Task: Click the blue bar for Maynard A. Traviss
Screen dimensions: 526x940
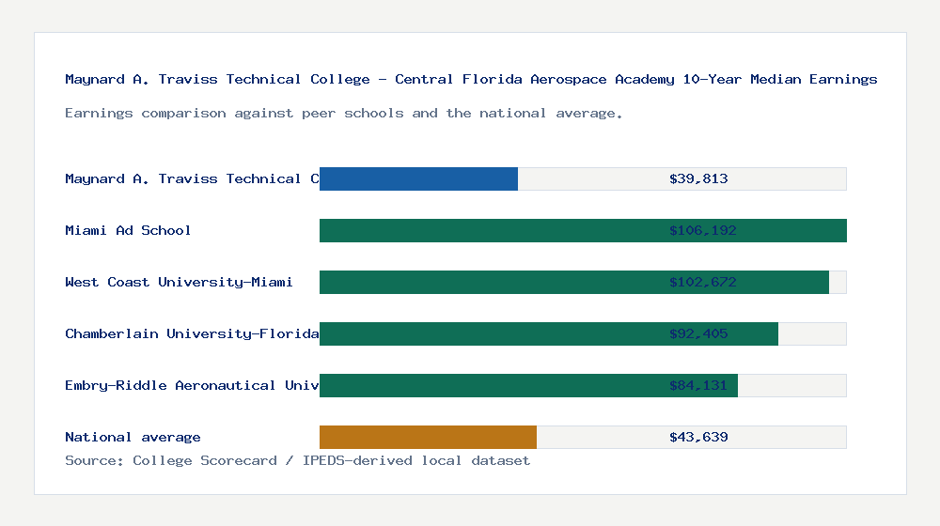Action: point(418,178)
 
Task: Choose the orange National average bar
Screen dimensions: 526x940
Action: point(428,437)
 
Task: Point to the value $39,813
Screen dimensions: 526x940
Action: point(698,178)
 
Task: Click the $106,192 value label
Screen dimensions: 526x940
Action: point(698,230)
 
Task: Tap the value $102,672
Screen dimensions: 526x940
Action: point(698,282)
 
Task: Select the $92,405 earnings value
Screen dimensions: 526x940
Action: point(698,333)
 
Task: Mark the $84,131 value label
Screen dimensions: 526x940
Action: point(698,385)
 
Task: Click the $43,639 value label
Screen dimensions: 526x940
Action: point(698,437)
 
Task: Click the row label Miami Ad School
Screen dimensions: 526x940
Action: point(128,230)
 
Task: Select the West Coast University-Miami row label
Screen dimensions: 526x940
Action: point(179,282)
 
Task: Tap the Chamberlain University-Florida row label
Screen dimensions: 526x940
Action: point(192,333)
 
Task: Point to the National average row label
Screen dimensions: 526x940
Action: point(133,437)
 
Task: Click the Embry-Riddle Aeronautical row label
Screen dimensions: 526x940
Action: point(192,385)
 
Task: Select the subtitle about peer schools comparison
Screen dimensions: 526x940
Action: point(343,113)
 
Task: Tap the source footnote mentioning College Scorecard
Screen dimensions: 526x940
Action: point(297,460)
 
